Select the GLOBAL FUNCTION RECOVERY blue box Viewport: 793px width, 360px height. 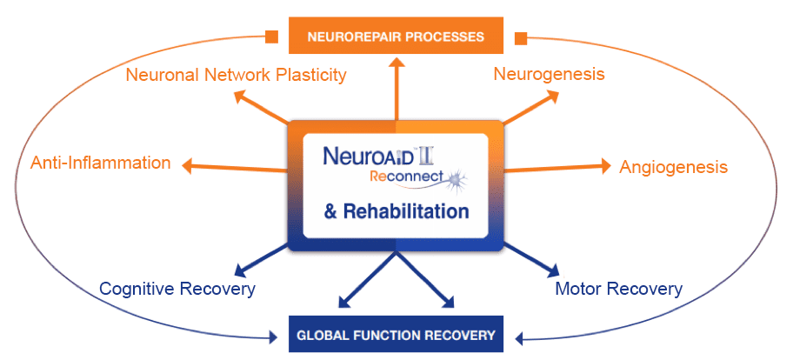(396, 334)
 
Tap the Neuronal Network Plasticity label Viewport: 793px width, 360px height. (236, 75)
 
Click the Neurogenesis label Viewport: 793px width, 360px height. (549, 74)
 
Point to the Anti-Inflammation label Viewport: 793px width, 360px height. (101, 163)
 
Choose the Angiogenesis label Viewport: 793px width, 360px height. (673, 166)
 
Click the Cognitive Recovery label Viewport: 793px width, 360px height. (177, 288)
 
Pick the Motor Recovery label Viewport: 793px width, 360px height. (618, 288)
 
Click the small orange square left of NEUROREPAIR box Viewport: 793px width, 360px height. (272, 37)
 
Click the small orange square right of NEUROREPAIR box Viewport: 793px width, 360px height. (522, 37)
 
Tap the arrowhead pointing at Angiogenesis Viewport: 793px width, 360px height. (606, 166)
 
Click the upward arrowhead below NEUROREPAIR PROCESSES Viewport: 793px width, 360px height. (396, 62)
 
